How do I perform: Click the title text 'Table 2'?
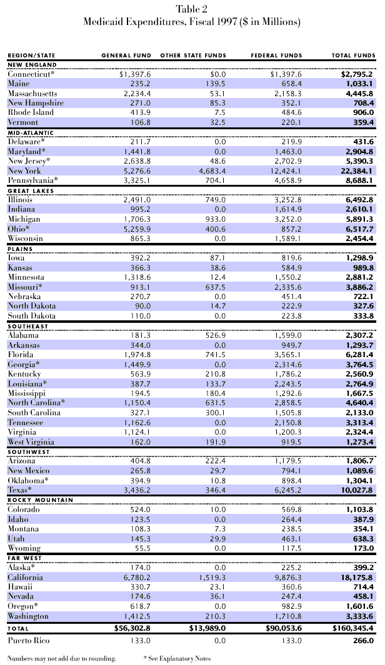[x=192, y=9]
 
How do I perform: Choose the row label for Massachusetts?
[x=32, y=93]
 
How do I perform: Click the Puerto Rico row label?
[x=29, y=640]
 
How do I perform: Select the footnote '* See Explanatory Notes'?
[x=177, y=658]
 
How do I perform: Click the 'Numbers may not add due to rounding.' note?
[x=61, y=658]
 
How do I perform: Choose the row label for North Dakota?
[x=32, y=306]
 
